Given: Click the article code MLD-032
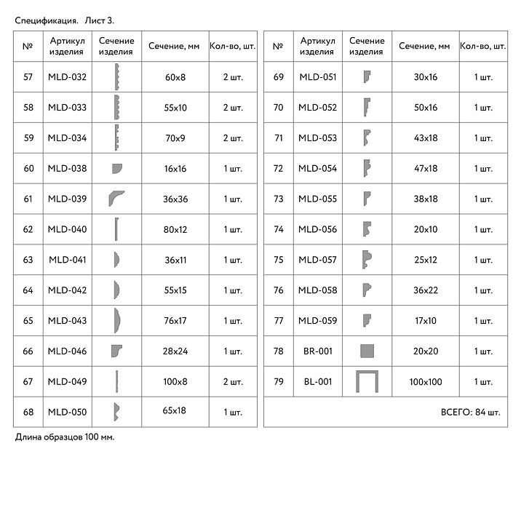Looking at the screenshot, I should [67, 77].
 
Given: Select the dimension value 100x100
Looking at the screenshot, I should [425, 382].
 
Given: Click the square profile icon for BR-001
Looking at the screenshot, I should [367, 351].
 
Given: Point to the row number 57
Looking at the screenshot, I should [28, 77].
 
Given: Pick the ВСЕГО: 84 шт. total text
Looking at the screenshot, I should [470, 413].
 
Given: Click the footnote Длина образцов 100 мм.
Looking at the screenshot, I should [65, 437].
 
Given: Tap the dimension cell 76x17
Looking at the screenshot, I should [175, 321].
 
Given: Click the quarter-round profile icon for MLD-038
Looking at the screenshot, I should [116, 169].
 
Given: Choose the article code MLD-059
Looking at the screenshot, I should [318, 321].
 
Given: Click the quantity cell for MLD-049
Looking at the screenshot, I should [233, 382].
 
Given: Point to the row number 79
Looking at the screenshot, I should [278, 382].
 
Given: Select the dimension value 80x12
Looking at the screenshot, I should [175, 230].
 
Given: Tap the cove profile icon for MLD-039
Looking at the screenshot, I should [116, 199].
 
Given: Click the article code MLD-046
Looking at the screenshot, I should [67, 351].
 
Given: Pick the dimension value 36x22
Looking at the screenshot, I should [425, 290].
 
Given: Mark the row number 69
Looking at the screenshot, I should [278, 77].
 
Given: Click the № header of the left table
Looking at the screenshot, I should [28, 47].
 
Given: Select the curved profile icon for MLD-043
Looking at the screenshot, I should [116, 321].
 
